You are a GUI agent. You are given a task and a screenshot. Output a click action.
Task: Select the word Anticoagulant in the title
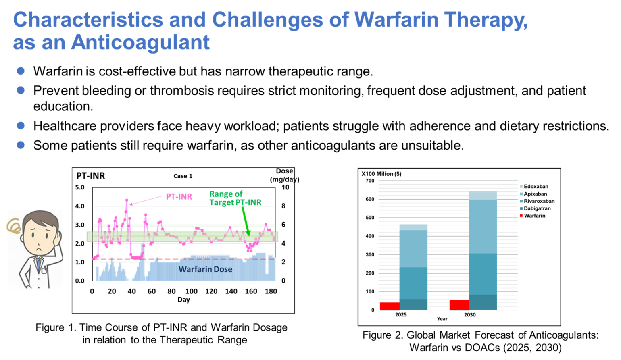click(x=140, y=42)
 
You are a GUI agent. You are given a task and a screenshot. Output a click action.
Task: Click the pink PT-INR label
click(x=179, y=197)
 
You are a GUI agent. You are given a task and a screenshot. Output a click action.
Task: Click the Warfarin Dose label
click(x=205, y=269)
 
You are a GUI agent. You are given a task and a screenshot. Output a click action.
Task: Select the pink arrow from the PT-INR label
click(x=144, y=200)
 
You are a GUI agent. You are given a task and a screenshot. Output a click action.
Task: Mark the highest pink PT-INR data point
click(x=127, y=200)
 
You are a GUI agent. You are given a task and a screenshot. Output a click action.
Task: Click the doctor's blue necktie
click(x=38, y=264)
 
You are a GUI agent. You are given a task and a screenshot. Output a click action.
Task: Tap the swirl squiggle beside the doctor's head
click(x=15, y=226)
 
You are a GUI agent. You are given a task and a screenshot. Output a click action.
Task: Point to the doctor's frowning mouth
click(x=39, y=248)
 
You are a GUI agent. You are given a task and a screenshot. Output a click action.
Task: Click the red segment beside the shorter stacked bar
click(x=389, y=306)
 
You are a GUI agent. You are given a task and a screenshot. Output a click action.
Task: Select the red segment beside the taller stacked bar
click(x=459, y=305)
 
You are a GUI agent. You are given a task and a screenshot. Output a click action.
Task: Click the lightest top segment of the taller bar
click(x=483, y=196)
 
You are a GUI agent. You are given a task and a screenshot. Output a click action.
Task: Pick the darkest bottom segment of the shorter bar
click(x=413, y=304)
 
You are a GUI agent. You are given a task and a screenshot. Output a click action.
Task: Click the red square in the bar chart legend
click(x=521, y=216)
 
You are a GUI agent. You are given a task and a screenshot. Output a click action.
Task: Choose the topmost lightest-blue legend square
click(x=521, y=187)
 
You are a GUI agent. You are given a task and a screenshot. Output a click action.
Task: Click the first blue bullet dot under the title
click(x=21, y=71)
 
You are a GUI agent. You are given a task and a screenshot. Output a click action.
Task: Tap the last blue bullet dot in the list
click(x=21, y=145)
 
